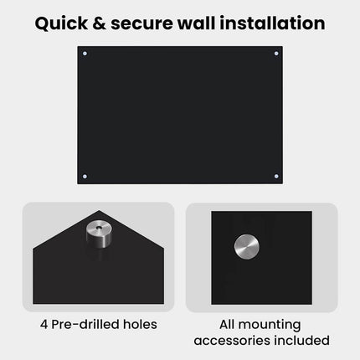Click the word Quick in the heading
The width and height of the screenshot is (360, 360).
[61, 23]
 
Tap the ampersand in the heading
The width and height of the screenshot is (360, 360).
[100, 23]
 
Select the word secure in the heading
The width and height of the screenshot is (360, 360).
[142, 24]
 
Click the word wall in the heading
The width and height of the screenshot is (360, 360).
[197, 23]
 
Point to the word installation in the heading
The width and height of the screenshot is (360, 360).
[272, 23]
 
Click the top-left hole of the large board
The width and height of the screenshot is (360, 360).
[85, 54]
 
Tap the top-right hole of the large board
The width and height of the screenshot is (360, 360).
[276, 54]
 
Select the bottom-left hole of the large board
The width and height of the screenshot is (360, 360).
[85, 177]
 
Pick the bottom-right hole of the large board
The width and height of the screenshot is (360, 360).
[276, 177]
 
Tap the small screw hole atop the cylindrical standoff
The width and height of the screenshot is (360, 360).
[99, 228]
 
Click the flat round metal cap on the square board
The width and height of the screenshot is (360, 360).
[247, 247]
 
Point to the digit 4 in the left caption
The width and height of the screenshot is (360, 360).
[44, 325]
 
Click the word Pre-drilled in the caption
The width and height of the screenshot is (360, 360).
[82, 324]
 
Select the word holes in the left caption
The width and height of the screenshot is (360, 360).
[136, 324]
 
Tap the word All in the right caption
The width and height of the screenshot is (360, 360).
[227, 324]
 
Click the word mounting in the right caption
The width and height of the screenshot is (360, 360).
[270, 326]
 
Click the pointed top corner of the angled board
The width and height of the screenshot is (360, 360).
[99, 211]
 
